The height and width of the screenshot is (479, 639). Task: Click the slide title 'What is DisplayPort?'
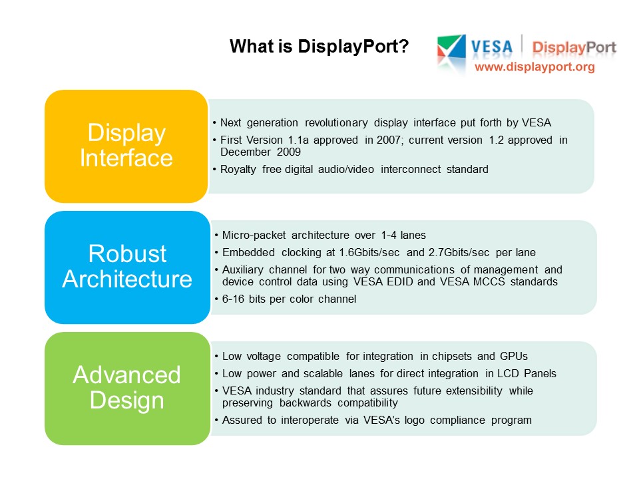(x=319, y=47)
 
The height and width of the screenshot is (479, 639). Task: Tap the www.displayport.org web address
(x=534, y=67)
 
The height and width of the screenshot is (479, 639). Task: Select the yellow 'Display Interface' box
(x=126, y=146)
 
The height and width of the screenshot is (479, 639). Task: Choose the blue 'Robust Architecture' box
(x=126, y=267)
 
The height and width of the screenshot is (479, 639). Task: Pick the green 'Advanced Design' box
(x=126, y=388)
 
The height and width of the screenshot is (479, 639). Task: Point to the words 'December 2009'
(x=260, y=152)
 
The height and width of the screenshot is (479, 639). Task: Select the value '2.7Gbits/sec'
(x=468, y=253)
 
